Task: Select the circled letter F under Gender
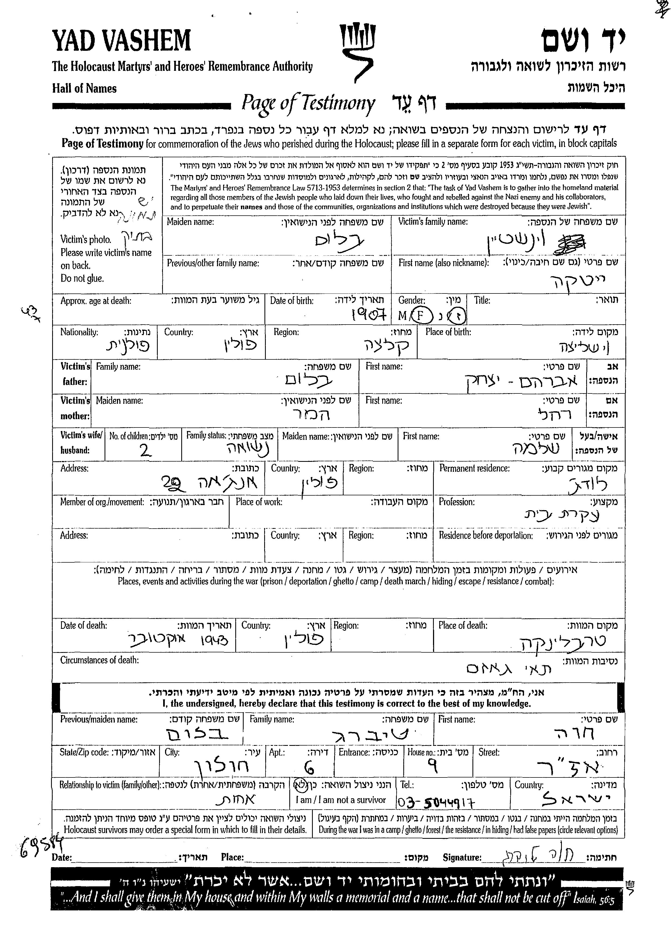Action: click(421, 316)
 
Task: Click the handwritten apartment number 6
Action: click(309, 768)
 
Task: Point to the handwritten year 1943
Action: click(214, 640)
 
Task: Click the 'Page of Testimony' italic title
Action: click(308, 103)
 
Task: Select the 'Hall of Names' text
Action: click(84, 88)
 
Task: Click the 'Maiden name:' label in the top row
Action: click(190, 222)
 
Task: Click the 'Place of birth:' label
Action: click(448, 332)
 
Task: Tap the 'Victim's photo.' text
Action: click(86, 239)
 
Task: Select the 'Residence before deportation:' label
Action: click(485, 536)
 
